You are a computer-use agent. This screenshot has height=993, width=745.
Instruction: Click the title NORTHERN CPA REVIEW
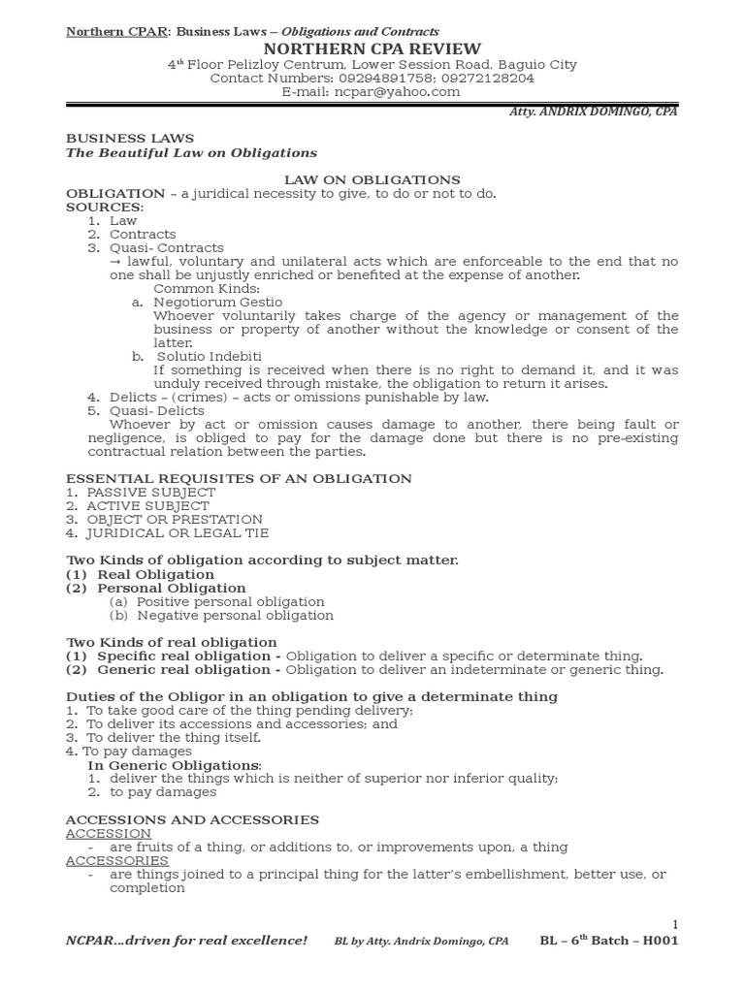(x=372, y=49)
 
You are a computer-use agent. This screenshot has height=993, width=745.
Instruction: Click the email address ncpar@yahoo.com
(x=400, y=92)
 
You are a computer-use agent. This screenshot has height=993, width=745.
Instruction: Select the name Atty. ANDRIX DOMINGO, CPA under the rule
(x=594, y=112)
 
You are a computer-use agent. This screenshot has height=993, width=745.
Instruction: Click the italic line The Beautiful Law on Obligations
(x=191, y=152)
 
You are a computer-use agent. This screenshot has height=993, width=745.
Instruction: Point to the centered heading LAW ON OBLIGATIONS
(x=372, y=179)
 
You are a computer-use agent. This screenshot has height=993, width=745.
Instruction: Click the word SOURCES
(x=103, y=207)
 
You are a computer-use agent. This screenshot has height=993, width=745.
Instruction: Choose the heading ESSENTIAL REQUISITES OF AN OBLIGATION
(x=239, y=478)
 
